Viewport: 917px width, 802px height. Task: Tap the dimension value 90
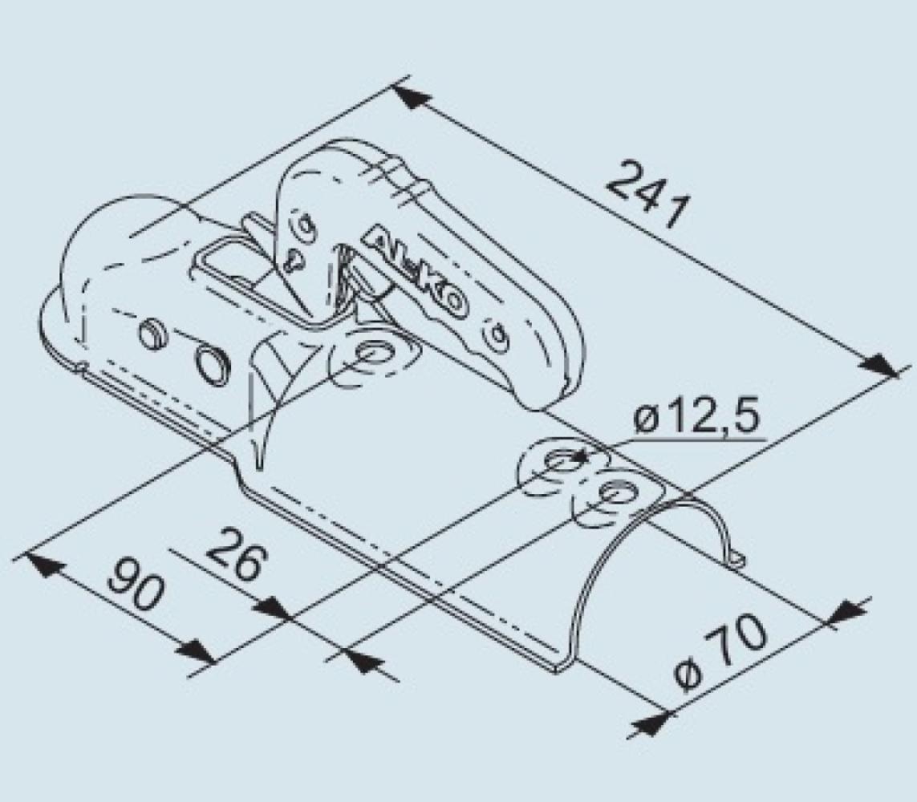coord(136,583)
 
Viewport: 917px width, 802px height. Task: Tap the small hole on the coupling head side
coord(151,330)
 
